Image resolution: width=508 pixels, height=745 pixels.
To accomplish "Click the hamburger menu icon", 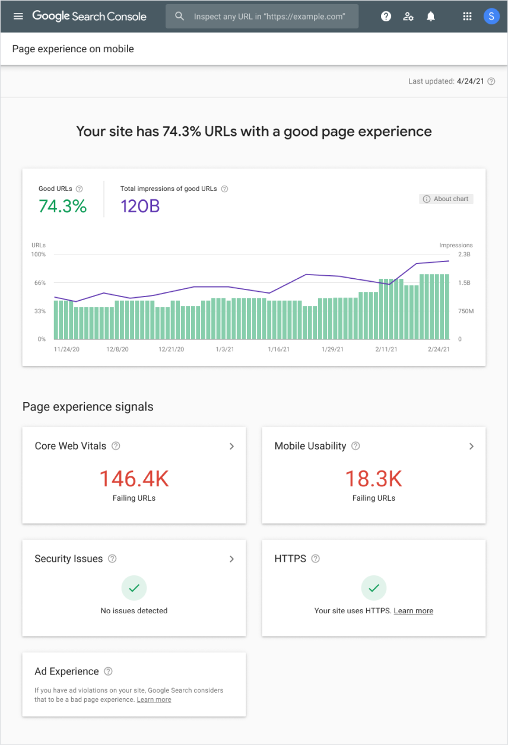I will (18, 16).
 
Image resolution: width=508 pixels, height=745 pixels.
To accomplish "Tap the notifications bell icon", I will (431, 17).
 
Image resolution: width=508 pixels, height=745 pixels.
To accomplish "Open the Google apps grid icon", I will (468, 17).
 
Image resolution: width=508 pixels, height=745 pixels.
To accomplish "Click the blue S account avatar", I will (491, 17).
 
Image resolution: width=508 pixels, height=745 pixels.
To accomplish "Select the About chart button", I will (446, 199).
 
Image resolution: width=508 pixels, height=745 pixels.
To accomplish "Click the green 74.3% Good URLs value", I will (62, 206).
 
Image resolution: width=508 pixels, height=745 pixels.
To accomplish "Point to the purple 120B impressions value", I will (140, 206).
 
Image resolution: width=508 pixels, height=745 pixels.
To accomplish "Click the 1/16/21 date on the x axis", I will (278, 350).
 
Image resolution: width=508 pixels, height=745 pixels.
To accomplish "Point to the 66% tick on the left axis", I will (39, 283).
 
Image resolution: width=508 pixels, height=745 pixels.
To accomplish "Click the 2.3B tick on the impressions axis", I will (463, 254).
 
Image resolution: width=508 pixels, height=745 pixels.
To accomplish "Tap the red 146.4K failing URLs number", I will (134, 479).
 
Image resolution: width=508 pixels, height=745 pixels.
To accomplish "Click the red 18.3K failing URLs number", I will (373, 479).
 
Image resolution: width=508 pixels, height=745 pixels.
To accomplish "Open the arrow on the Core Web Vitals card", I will (231, 446).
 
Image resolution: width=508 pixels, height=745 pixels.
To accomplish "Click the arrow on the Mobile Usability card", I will (471, 446).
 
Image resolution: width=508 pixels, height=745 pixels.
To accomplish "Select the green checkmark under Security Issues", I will (134, 588).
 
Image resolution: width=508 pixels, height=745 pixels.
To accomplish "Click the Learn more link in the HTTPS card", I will (413, 611).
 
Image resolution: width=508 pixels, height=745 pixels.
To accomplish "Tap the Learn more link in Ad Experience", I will (154, 700).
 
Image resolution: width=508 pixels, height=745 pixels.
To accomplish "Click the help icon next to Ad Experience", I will (108, 671).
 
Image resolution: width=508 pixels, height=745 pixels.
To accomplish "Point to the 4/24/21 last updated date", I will (470, 81).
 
